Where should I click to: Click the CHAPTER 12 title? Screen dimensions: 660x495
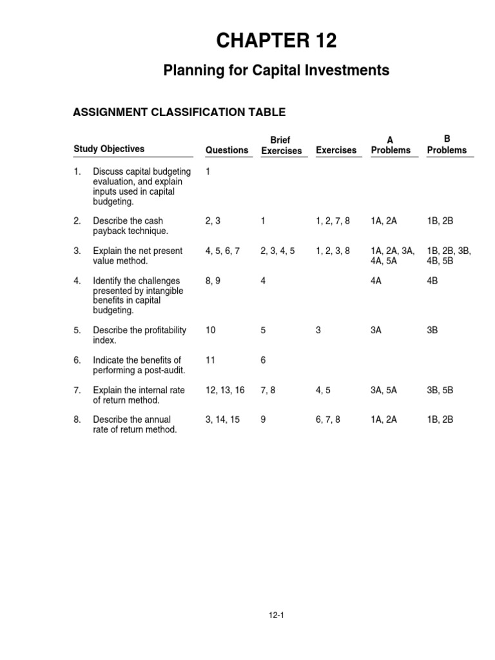pyautogui.click(x=277, y=41)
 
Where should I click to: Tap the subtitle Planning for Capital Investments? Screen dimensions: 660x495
pyautogui.click(x=277, y=71)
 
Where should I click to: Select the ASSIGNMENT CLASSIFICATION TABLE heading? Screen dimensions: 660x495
pyautogui.click(x=180, y=112)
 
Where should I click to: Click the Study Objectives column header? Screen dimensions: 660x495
pyautogui.click(x=109, y=149)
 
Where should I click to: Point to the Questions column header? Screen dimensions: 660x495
pyautogui.click(x=227, y=150)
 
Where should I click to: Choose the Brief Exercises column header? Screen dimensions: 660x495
pyautogui.click(x=282, y=145)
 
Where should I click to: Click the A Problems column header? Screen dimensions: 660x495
pyautogui.click(x=391, y=145)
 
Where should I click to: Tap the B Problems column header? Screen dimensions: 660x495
pyautogui.click(x=447, y=145)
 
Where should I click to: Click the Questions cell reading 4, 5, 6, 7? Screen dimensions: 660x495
pyautogui.click(x=222, y=251)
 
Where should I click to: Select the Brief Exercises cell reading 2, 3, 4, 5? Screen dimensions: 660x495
pyautogui.click(x=278, y=251)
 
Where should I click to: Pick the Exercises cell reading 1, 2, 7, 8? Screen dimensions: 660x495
pyautogui.click(x=333, y=221)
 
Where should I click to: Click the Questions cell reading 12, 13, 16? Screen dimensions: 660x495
pyautogui.click(x=225, y=390)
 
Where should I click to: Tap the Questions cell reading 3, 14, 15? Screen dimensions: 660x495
pyautogui.click(x=222, y=420)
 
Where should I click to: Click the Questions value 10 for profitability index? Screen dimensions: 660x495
pyautogui.click(x=210, y=331)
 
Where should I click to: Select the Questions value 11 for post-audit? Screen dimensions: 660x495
pyautogui.click(x=210, y=360)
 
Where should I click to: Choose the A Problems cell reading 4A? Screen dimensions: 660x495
pyautogui.click(x=377, y=281)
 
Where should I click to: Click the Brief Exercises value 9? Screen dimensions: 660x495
pyautogui.click(x=264, y=420)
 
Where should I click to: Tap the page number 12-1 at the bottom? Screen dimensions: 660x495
pyautogui.click(x=277, y=616)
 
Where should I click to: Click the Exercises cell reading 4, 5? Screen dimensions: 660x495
pyautogui.click(x=322, y=390)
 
